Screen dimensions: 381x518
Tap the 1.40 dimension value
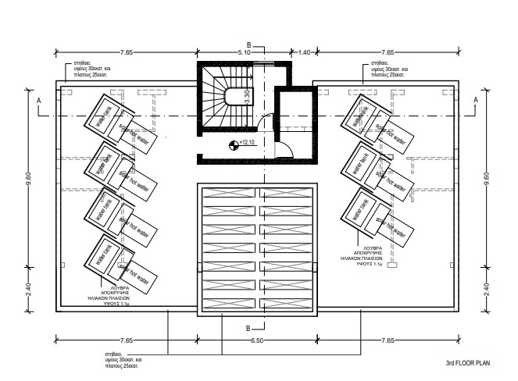tap(305, 52)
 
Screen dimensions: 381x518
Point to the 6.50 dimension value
tap(257, 341)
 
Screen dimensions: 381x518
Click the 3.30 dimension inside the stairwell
tap(248, 98)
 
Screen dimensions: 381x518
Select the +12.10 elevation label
tap(249, 143)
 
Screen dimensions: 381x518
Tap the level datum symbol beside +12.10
tap(233, 144)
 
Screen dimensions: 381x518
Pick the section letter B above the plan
tap(248, 44)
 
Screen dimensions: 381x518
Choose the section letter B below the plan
tap(248, 328)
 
